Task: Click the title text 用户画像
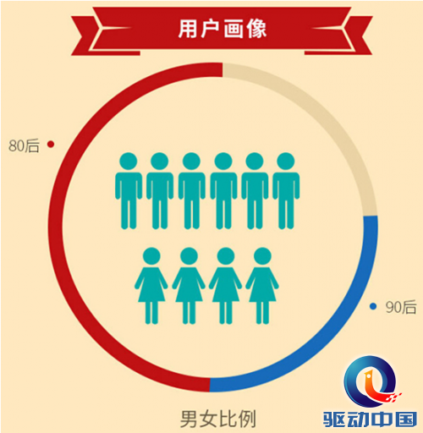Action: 222,29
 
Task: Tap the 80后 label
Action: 24,145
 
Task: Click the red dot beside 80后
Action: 51,145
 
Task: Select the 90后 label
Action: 401,307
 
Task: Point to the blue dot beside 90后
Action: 373,306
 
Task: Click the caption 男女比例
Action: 218,419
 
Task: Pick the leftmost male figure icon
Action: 129,190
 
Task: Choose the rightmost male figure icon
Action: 286,190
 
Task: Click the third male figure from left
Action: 191,190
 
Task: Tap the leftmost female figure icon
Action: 151,286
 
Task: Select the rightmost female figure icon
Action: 262,286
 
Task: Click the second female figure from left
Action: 189,286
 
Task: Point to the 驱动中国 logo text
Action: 370,419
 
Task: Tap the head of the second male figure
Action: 160,162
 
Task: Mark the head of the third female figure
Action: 226,256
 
